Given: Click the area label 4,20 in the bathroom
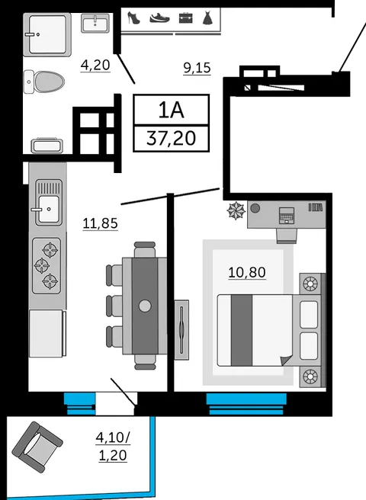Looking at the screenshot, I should pyautogui.click(x=96, y=65).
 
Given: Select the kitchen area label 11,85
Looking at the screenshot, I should pyautogui.click(x=100, y=223).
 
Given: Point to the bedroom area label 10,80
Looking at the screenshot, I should pyautogui.click(x=247, y=271).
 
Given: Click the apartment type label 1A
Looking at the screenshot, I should pyautogui.click(x=170, y=109).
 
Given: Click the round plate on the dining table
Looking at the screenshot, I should pyautogui.click(x=145, y=306).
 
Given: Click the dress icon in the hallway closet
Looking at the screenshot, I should pyautogui.click(x=206, y=18).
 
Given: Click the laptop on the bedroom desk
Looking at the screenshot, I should pyautogui.click(x=287, y=215).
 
